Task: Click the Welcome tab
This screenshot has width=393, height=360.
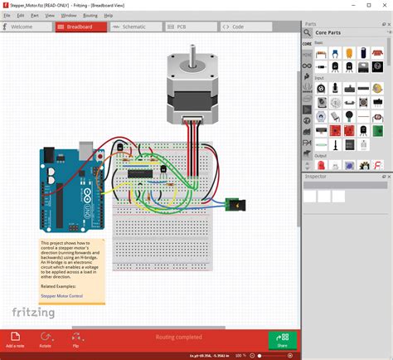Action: tap(25, 27)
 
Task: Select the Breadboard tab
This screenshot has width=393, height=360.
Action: tap(80, 27)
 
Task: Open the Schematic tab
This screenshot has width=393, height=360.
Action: tap(133, 27)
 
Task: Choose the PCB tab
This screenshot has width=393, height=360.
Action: tap(180, 27)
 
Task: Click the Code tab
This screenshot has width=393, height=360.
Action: tap(236, 27)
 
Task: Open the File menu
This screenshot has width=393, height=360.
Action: tap(7, 15)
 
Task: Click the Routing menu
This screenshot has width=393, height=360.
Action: tap(90, 15)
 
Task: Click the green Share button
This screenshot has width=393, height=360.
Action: tap(282, 340)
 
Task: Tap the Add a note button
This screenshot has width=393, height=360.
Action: tap(15, 340)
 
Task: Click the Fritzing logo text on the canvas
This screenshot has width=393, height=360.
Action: tap(33, 313)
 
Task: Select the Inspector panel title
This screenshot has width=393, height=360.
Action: tap(316, 177)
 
